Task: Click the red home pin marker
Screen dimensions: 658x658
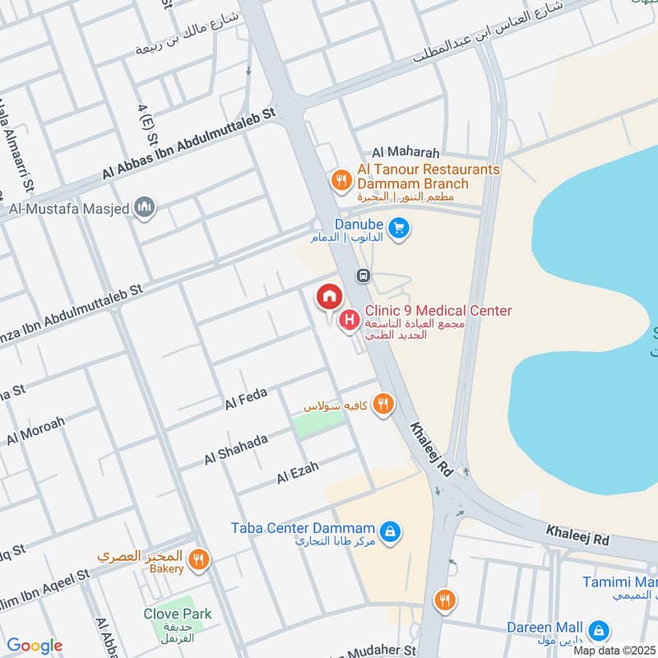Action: (329, 296)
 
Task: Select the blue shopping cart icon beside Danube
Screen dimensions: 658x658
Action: (399, 229)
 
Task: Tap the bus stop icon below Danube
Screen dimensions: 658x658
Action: (362, 276)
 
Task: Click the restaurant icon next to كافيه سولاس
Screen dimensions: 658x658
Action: (382, 404)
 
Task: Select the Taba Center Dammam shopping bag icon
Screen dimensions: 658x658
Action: (392, 532)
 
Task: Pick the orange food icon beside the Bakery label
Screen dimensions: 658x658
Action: (197, 561)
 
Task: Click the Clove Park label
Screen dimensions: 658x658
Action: (177, 614)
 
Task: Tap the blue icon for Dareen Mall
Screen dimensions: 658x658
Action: (602, 631)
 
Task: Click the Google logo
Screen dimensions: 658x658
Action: (34, 646)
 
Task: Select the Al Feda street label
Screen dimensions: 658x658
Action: (247, 401)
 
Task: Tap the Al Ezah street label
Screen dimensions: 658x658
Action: (297, 473)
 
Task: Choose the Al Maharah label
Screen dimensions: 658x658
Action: (406, 153)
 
